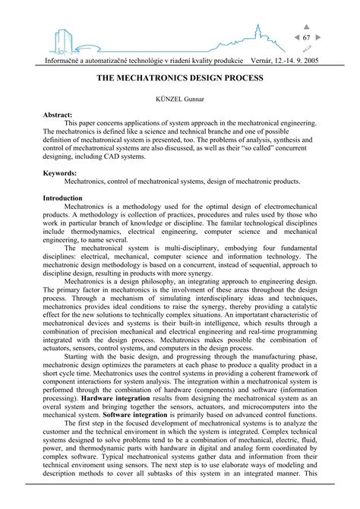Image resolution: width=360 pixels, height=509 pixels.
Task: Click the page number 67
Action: click(307, 37)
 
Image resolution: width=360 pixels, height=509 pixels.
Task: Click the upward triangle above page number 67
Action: click(307, 27)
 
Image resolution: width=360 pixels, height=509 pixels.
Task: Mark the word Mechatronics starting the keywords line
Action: click(88, 182)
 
